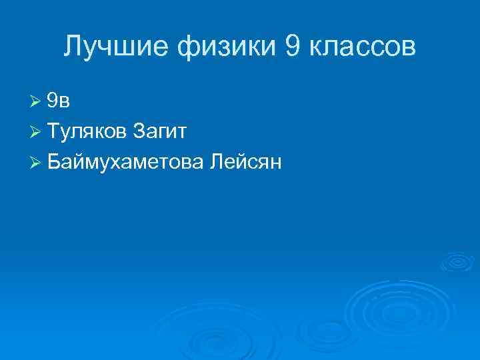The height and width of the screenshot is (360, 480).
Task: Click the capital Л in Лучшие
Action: (x=73, y=46)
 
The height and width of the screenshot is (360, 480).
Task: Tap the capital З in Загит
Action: (x=139, y=131)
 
